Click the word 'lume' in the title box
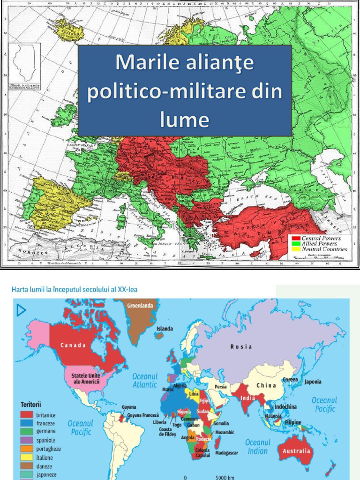click(x=184, y=119)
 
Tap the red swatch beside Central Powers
click(x=295, y=239)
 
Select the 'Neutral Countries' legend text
click(x=324, y=249)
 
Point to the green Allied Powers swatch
click(x=295, y=244)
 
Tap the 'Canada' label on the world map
click(x=73, y=345)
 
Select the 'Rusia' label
click(x=241, y=347)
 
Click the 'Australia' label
click(x=296, y=451)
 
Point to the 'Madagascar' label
click(x=227, y=453)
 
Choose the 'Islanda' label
click(x=165, y=329)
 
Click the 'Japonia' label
click(x=313, y=382)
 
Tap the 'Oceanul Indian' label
click(x=258, y=446)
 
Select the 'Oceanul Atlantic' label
click(x=144, y=380)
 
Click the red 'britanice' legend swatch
click(x=27, y=415)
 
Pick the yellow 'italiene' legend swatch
click(x=27, y=457)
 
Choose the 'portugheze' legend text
click(x=48, y=449)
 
